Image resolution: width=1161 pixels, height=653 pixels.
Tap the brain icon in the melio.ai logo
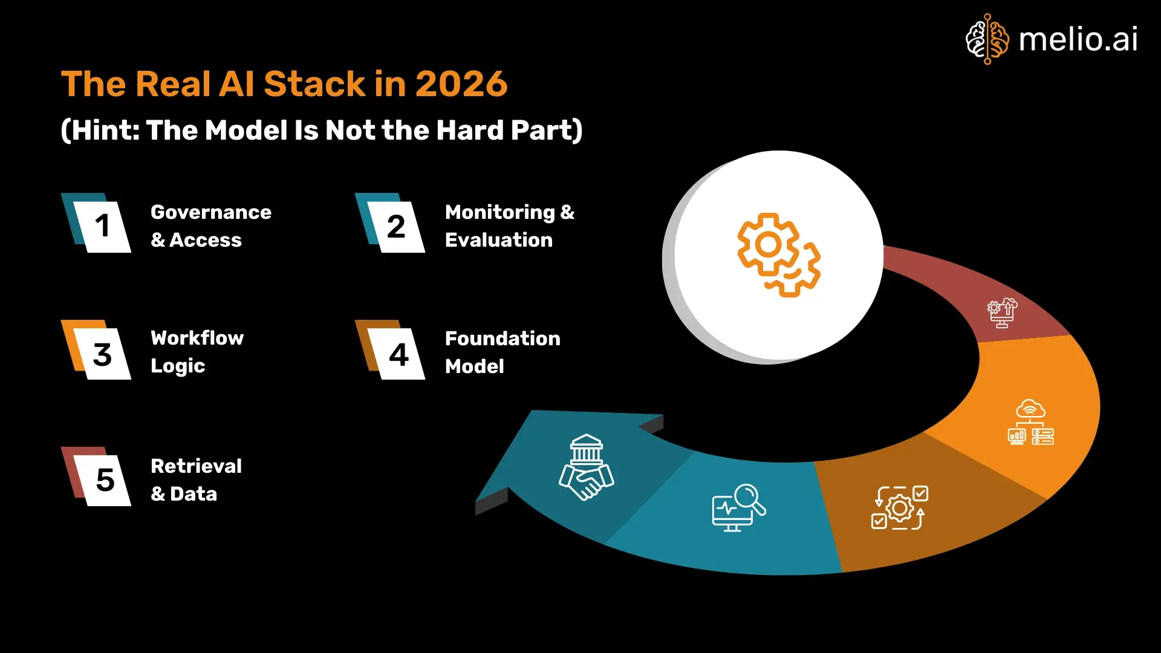[x=987, y=39]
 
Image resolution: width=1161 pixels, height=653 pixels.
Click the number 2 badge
[x=396, y=227]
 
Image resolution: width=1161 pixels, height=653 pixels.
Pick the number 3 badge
[x=102, y=354]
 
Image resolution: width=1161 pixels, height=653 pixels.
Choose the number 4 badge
[x=398, y=354]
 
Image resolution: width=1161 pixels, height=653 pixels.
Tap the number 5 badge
[x=105, y=480]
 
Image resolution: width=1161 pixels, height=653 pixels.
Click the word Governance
[x=211, y=212]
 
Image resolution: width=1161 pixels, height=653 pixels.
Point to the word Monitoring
[x=499, y=212]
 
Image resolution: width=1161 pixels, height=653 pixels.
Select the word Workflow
[x=197, y=338]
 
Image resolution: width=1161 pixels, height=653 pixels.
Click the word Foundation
[x=502, y=339]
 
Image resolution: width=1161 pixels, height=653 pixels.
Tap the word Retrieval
[x=196, y=466]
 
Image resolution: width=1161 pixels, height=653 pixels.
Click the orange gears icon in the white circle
[x=778, y=255]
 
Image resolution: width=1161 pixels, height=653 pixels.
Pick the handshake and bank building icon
[x=585, y=467]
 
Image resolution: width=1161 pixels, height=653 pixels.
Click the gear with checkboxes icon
[x=899, y=507]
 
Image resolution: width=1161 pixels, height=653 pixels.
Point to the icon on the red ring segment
[x=1002, y=312]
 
